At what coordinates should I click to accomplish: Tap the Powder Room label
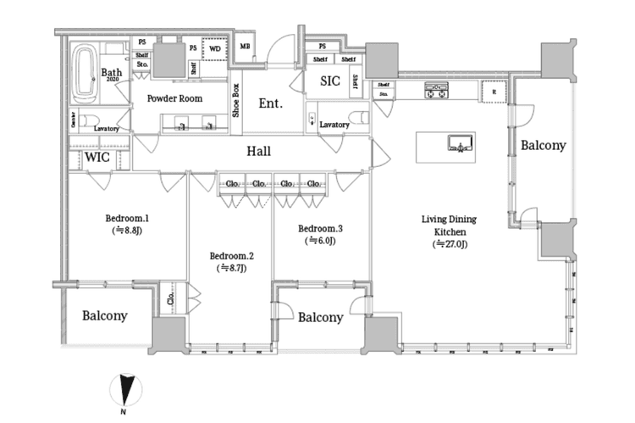point(174,98)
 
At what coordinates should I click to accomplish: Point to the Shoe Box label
point(237,101)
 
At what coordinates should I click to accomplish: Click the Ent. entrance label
point(269,103)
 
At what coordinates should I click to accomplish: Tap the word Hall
point(258,151)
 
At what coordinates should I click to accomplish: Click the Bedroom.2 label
point(231,255)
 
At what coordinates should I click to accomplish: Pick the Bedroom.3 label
point(320,228)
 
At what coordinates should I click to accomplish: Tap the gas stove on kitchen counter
point(435,89)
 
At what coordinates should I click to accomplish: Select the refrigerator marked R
point(493,90)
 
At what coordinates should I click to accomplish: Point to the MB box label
point(245,47)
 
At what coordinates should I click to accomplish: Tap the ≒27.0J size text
point(450,245)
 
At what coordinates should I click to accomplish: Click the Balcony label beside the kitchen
point(543,146)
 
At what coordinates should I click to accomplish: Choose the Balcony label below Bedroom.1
point(105,316)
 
